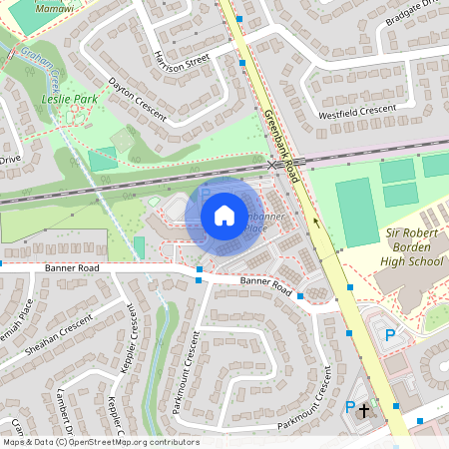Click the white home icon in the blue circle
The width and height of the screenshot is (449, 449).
(x=224, y=216)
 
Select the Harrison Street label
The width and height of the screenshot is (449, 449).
(x=179, y=59)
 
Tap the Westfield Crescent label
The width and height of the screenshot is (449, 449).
(x=357, y=111)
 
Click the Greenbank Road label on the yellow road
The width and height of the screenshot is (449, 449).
(x=281, y=144)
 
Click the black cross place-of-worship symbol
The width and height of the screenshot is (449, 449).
(x=364, y=409)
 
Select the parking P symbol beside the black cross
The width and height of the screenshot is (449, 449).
(x=349, y=406)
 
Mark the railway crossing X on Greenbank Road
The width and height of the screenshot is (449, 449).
(x=271, y=165)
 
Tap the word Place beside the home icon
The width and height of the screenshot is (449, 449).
(x=257, y=228)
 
